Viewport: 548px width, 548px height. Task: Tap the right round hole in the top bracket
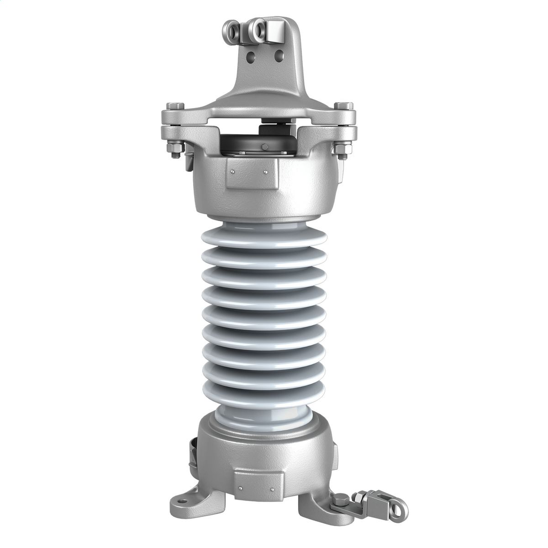pos(278,54)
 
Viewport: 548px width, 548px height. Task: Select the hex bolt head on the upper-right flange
pos(343,106)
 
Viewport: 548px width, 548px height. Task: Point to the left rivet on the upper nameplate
pos(233,172)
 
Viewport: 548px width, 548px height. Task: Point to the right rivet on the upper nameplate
pos(265,172)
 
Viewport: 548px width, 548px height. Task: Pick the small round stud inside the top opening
pos(264,147)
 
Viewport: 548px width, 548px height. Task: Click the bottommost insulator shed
pos(264,395)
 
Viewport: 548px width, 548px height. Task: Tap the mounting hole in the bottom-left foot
pos(183,501)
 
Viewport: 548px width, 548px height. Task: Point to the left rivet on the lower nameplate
pos(240,488)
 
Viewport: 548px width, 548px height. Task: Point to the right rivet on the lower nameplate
pos(272,488)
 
